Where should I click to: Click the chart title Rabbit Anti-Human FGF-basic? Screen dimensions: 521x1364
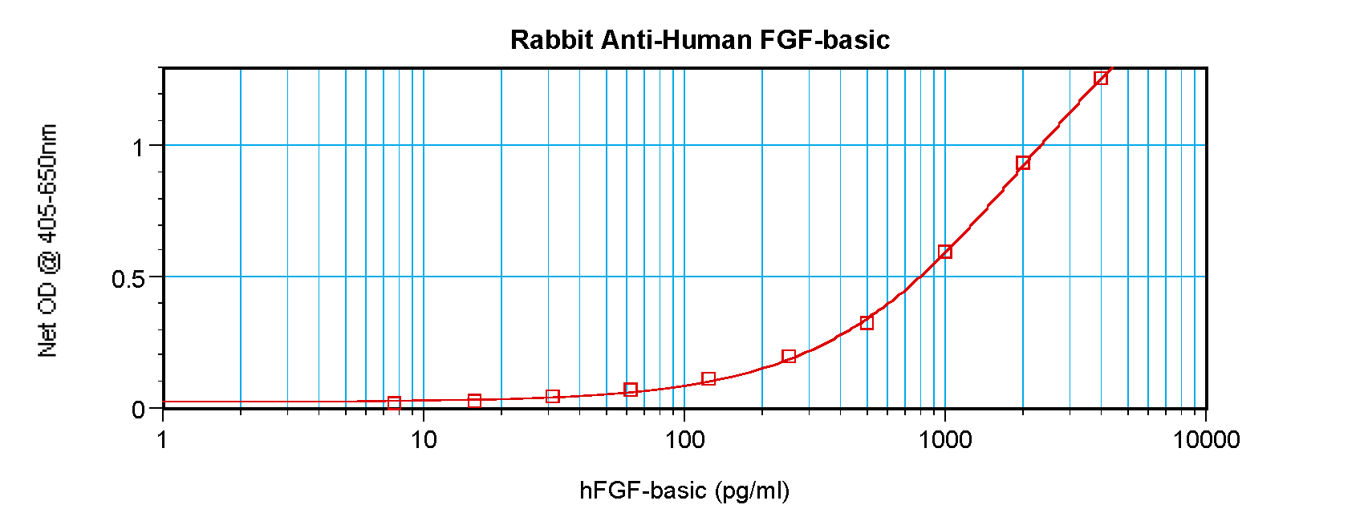click(700, 40)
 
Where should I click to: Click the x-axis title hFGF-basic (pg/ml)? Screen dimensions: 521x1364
click(684, 491)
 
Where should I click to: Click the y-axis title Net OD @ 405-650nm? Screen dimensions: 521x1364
click(48, 240)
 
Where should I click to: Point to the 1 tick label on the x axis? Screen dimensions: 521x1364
click(163, 439)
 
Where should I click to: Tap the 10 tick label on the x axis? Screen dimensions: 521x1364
click(424, 439)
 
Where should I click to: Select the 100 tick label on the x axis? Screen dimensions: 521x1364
click(684, 439)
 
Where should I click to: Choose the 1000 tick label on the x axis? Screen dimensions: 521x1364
click(945, 439)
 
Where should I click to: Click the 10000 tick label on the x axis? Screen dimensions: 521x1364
click(1206, 439)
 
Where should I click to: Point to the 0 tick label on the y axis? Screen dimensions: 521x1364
click(138, 410)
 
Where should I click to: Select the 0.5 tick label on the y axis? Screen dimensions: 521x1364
click(128, 279)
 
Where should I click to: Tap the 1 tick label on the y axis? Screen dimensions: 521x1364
click(138, 147)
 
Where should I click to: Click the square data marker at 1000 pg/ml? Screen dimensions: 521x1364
click(945, 252)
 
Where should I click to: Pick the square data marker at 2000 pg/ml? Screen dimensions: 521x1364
click(1023, 164)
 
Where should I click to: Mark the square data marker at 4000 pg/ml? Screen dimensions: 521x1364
click(1101, 78)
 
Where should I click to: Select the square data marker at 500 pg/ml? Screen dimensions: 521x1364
click(867, 323)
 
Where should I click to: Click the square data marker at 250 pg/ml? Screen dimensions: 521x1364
click(789, 356)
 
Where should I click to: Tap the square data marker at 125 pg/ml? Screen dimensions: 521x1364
click(708, 378)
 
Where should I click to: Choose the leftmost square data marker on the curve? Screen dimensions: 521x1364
click(394, 403)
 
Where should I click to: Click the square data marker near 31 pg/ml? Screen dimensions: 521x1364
click(553, 396)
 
